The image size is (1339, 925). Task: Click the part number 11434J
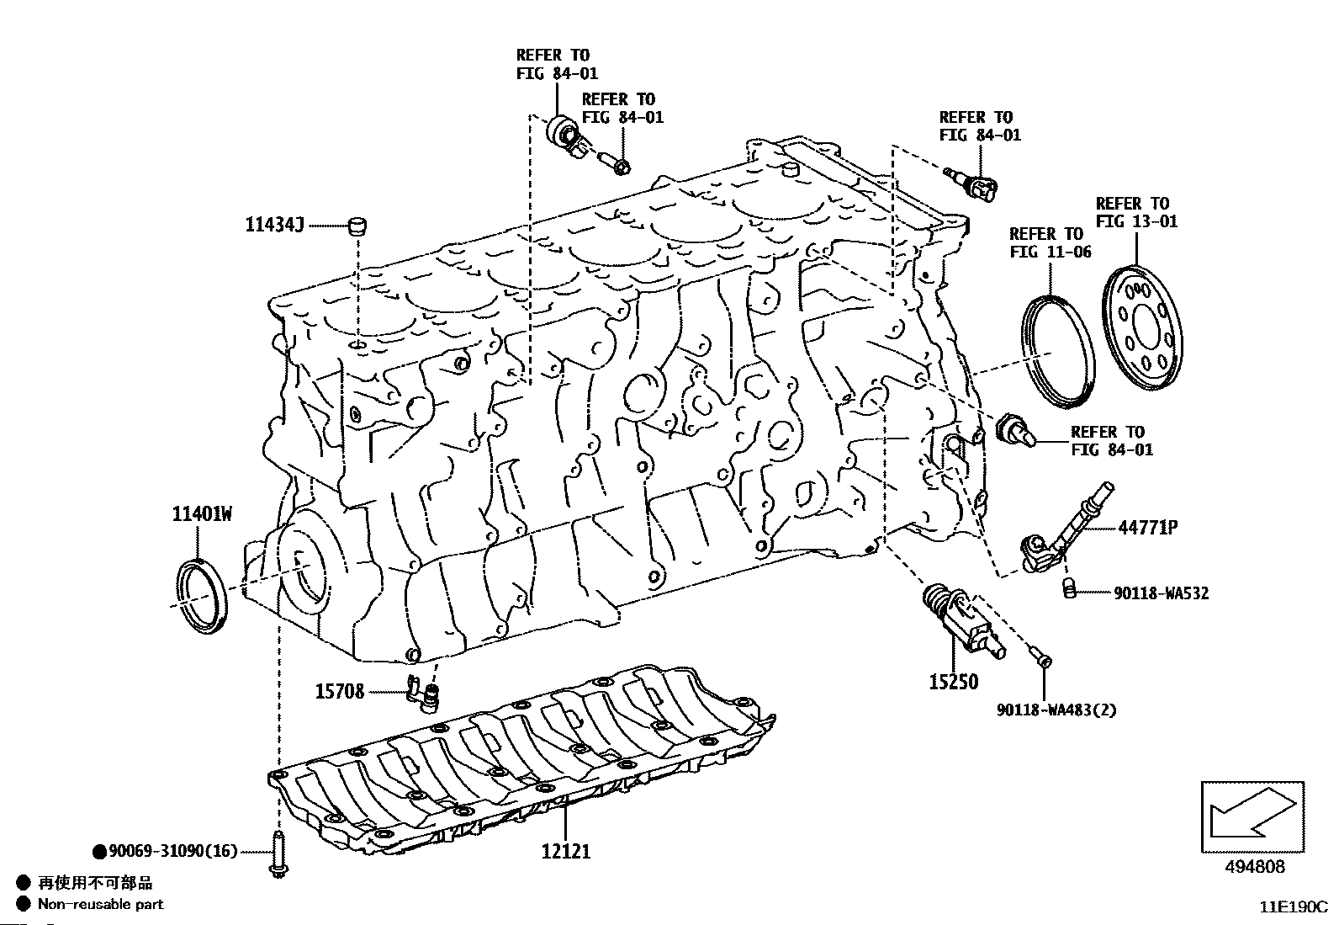[x=274, y=225]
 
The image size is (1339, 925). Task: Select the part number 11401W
[x=202, y=513]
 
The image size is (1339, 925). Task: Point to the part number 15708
[x=340, y=692]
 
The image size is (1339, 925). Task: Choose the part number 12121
[x=565, y=851]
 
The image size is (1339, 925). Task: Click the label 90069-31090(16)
[x=172, y=852]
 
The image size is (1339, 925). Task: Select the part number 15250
[x=953, y=682]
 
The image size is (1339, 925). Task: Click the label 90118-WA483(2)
[x=1056, y=710]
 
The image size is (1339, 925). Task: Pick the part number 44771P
[x=1147, y=528]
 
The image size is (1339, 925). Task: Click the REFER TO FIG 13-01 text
[x=1136, y=212]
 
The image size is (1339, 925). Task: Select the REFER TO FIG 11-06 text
[x=1050, y=242]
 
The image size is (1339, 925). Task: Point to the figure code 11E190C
[x=1292, y=907]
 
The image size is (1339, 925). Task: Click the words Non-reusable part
[x=101, y=904]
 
